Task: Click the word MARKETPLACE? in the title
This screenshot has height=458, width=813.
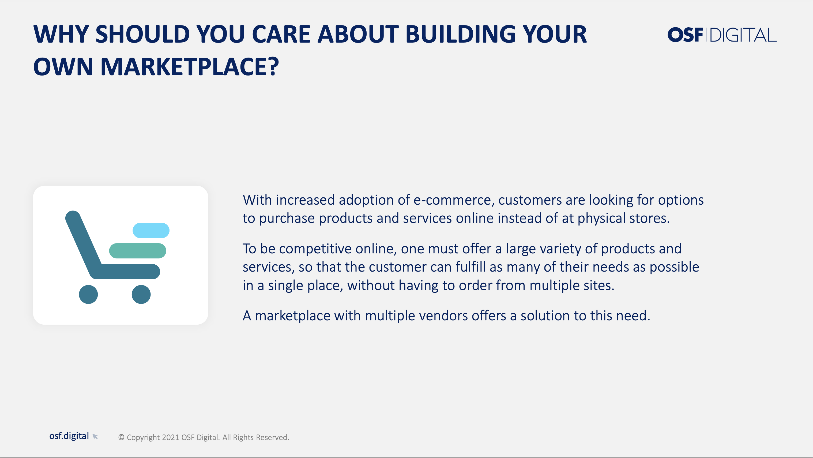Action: coord(190,67)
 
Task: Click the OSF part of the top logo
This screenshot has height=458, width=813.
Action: coord(685,35)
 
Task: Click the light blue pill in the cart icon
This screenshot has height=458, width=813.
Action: coord(151,230)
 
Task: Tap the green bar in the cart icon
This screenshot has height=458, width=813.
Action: coord(138,251)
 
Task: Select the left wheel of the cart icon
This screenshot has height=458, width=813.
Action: coord(88,295)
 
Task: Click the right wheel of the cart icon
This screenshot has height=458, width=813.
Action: coord(141,295)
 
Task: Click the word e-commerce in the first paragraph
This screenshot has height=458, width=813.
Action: coord(452,200)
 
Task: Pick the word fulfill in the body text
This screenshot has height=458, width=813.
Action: coord(471,267)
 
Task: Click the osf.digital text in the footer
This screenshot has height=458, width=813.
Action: coord(69,436)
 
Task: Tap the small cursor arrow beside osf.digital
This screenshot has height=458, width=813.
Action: coord(95,437)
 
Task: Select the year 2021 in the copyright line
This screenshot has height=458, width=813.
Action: coord(170,437)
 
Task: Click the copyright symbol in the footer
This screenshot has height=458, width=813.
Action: coord(121,437)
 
